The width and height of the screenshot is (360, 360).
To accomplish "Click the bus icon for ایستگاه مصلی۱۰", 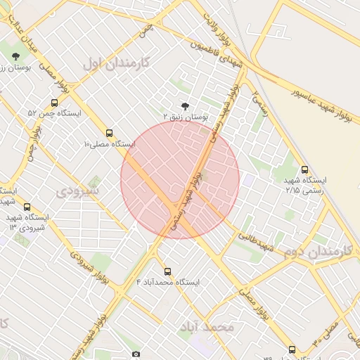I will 109,132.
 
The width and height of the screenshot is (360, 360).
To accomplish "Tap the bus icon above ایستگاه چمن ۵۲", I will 55,102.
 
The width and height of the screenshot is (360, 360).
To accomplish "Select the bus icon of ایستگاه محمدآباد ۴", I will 167,271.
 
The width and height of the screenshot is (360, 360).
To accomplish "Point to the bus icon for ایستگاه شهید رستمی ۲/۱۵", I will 304,169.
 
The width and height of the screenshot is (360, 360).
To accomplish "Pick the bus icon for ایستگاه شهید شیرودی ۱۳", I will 27,207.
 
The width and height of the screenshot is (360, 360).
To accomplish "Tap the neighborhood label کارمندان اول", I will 116,63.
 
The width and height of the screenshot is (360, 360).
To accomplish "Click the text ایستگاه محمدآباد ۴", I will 168,282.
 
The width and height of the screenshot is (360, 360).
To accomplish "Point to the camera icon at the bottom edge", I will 136,354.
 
